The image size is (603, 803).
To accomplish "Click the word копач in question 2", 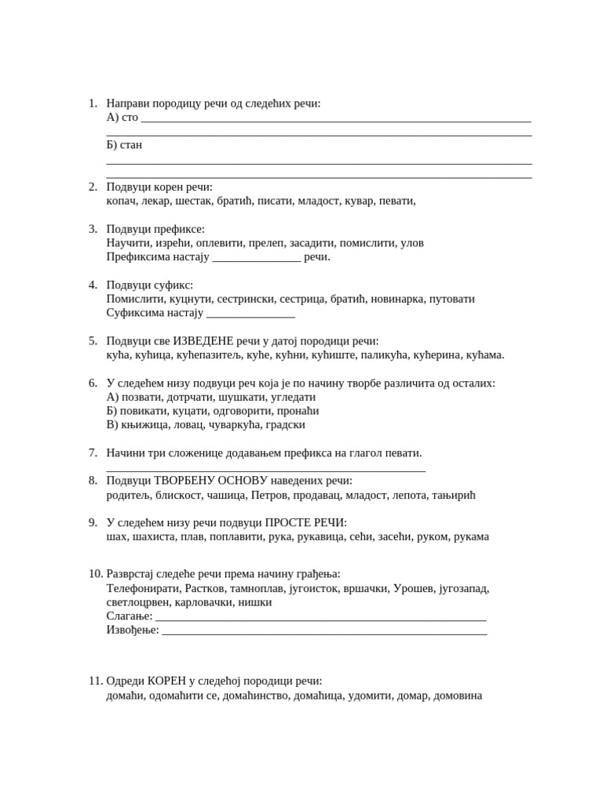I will [122, 201].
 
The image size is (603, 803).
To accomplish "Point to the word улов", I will [412, 243].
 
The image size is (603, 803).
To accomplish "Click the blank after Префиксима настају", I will [257, 257].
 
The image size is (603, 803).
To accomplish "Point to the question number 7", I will [93, 453].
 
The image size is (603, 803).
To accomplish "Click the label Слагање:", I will [129, 616].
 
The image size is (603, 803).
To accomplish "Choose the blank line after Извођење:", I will [323, 630].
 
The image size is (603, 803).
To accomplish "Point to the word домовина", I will [458, 696].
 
